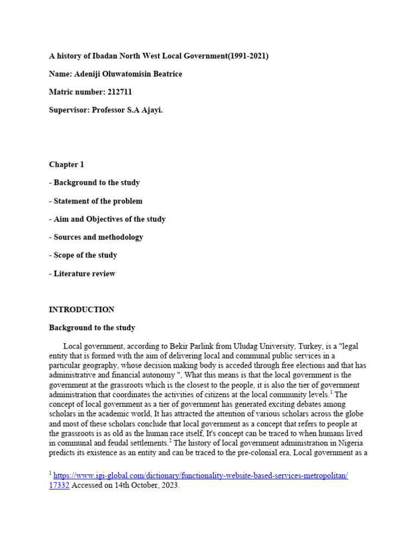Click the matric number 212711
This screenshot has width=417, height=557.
coord(120,92)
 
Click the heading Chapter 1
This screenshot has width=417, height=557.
coord(66,164)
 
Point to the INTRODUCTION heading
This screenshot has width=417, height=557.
coord(81,310)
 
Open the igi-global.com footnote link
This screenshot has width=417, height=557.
coord(200,475)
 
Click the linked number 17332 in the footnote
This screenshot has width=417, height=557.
coord(59,486)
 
